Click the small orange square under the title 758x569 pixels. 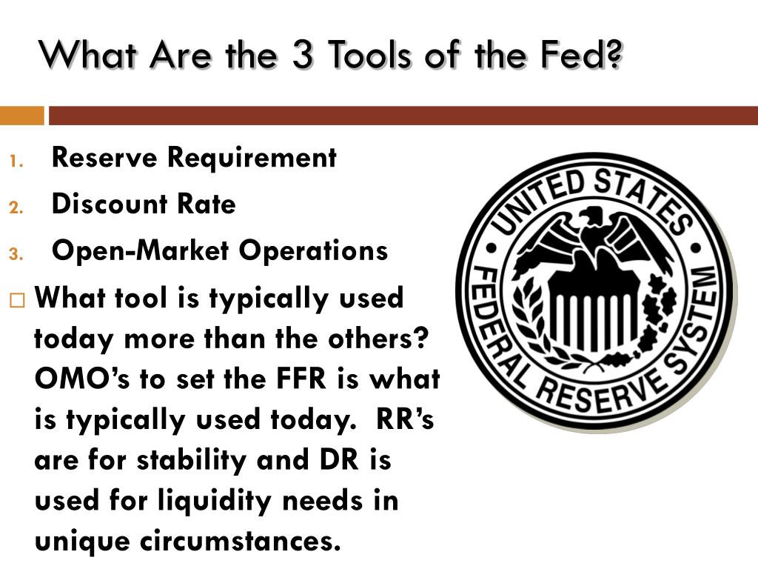click(x=21, y=116)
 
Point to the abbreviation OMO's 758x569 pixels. click(x=75, y=379)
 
